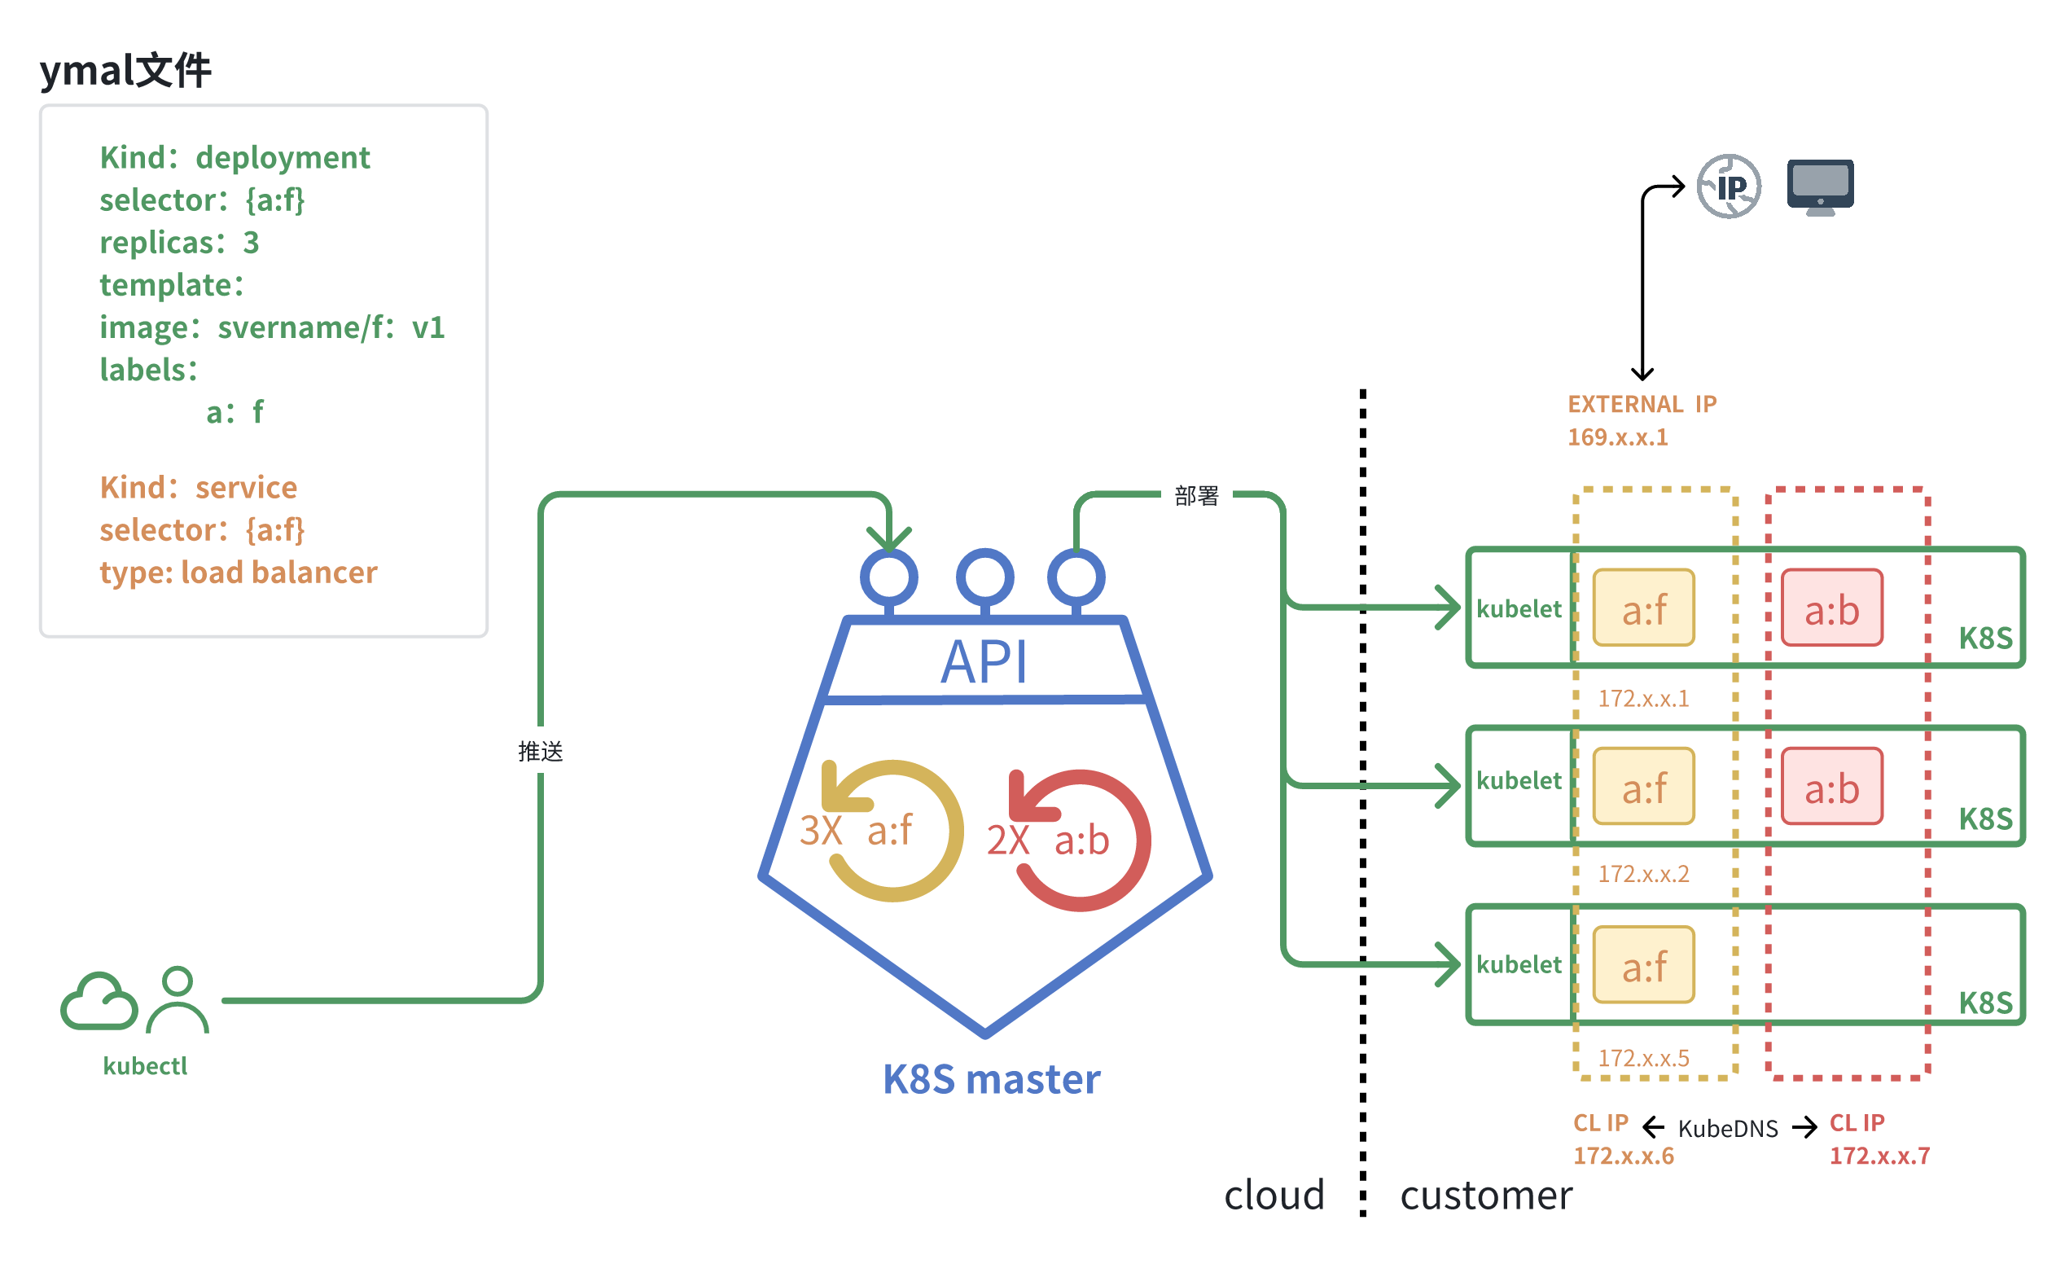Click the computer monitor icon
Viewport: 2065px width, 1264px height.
coord(1819,186)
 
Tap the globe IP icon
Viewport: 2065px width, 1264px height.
coord(1729,186)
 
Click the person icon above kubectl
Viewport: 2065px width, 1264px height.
coord(178,999)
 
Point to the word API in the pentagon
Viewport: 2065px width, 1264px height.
coord(984,662)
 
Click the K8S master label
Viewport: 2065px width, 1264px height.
coord(992,1080)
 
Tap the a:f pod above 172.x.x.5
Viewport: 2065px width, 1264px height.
coord(1643,965)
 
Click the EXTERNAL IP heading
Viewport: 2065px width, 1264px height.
coord(1642,404)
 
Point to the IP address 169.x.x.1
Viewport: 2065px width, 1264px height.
coord(1617,437)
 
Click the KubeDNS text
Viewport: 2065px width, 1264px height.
coord(1727,1128)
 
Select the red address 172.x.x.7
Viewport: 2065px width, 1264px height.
coord(1879,1156)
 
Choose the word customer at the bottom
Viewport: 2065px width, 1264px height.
coord(1486,1195)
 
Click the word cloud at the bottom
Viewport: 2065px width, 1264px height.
coord(1274,1195)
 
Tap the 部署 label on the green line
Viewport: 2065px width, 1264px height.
coord(1196,496)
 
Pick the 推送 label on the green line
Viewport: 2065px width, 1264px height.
coord(541,751)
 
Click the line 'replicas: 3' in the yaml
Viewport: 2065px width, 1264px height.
coord(179,242)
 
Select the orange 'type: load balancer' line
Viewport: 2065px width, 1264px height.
coord(238,573)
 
